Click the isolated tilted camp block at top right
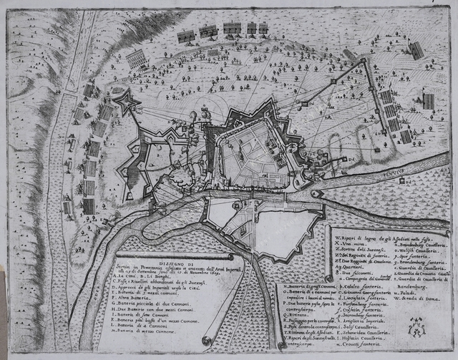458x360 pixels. pyautogui.click(x=416, y=50)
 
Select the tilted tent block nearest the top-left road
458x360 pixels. pyautogui.click(x=137, y=59)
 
